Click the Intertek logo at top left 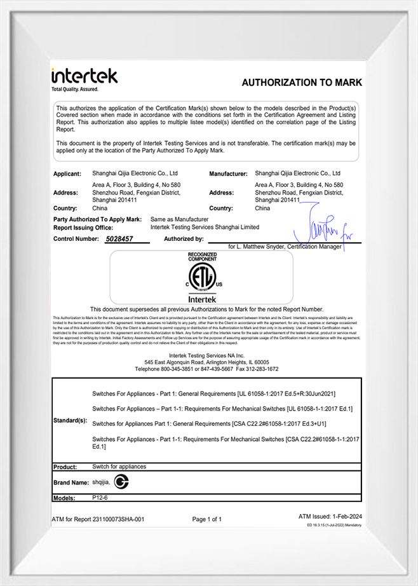[84, 79]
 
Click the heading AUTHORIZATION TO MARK [302, 83]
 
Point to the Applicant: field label [67, 174]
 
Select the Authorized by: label [184, 239]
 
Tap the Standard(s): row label [71, 421]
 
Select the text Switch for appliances [119, 467]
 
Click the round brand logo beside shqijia [121, 482]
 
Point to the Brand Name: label [71, 483]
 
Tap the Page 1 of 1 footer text [207, 519]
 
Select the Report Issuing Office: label [83, 227]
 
